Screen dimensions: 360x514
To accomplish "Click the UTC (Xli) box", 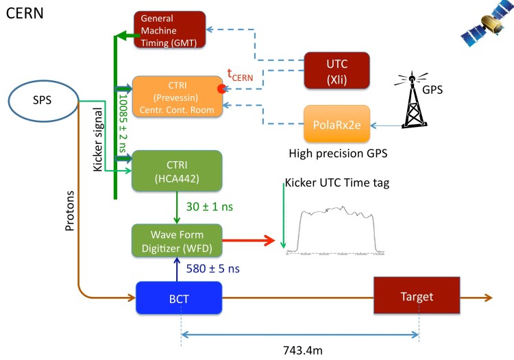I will point(336,71).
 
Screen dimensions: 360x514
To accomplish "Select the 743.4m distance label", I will point(302,350).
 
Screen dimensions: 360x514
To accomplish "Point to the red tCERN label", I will point(241,75).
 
